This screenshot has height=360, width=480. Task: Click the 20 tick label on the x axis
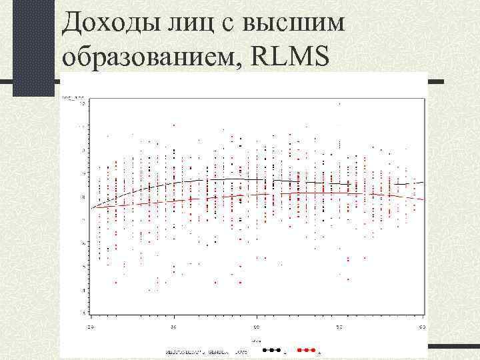91,327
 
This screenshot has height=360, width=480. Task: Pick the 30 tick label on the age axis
173,327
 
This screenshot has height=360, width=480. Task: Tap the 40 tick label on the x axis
257,327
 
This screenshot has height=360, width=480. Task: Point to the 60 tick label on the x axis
423,327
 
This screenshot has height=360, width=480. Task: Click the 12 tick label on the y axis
83,104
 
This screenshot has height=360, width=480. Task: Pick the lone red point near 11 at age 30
174,125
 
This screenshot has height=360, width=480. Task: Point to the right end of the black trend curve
423,181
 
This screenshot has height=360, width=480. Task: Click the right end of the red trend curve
423,200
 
